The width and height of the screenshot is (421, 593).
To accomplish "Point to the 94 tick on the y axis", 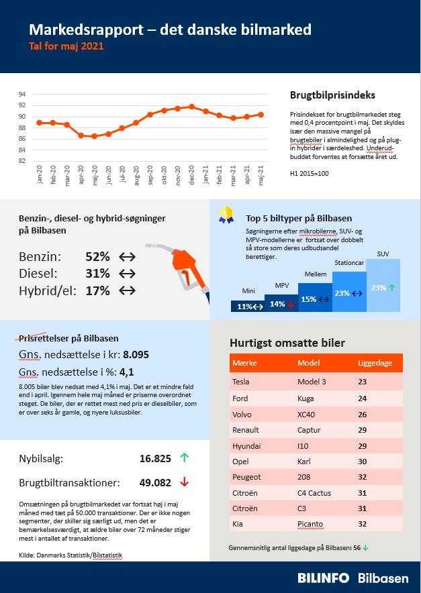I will click(x=22, y=94).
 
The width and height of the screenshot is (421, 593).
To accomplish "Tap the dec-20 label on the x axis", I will click(x=192, y=175).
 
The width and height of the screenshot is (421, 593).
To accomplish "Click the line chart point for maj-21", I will click(x=261, y=115).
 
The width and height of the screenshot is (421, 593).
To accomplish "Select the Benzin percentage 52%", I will click(x=97, y=256).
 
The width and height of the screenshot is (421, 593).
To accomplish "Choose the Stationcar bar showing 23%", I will click(x=349, y=292).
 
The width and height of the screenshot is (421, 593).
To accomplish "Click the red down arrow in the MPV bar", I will click(x=291, y=304).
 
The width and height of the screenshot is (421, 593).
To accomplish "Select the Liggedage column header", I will click(x=375, y=363).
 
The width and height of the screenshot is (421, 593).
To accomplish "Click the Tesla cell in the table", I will click(x=240, y=382).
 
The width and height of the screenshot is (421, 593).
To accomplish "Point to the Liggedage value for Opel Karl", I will click(x=362, y=462).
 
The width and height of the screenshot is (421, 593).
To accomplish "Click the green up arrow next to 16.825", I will click(x=185, y=458).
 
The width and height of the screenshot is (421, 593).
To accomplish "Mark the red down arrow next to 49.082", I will click(x=185, y=482).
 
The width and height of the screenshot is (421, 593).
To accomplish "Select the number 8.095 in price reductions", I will click(x=136, y=354).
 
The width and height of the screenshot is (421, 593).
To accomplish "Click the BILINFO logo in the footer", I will click(x=324, y=578).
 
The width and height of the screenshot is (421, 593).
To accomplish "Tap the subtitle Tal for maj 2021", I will click(x=66, y=47).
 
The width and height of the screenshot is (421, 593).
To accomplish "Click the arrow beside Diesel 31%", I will click(x=127, y=274).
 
